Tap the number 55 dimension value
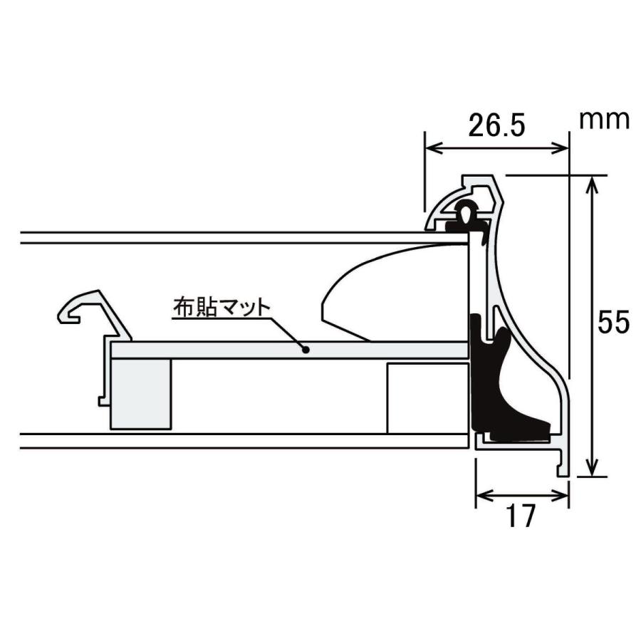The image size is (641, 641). click(x=613, y=323)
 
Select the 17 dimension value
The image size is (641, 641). click(x=522, y=517)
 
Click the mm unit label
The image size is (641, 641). click(x=604, y=119)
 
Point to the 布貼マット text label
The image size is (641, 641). click(x=222, y=308)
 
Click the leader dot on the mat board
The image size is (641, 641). click(x=305, y=349)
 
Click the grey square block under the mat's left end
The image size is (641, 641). click(x=141, y=393)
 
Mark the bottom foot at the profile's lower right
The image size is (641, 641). click(x=563, y=467)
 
